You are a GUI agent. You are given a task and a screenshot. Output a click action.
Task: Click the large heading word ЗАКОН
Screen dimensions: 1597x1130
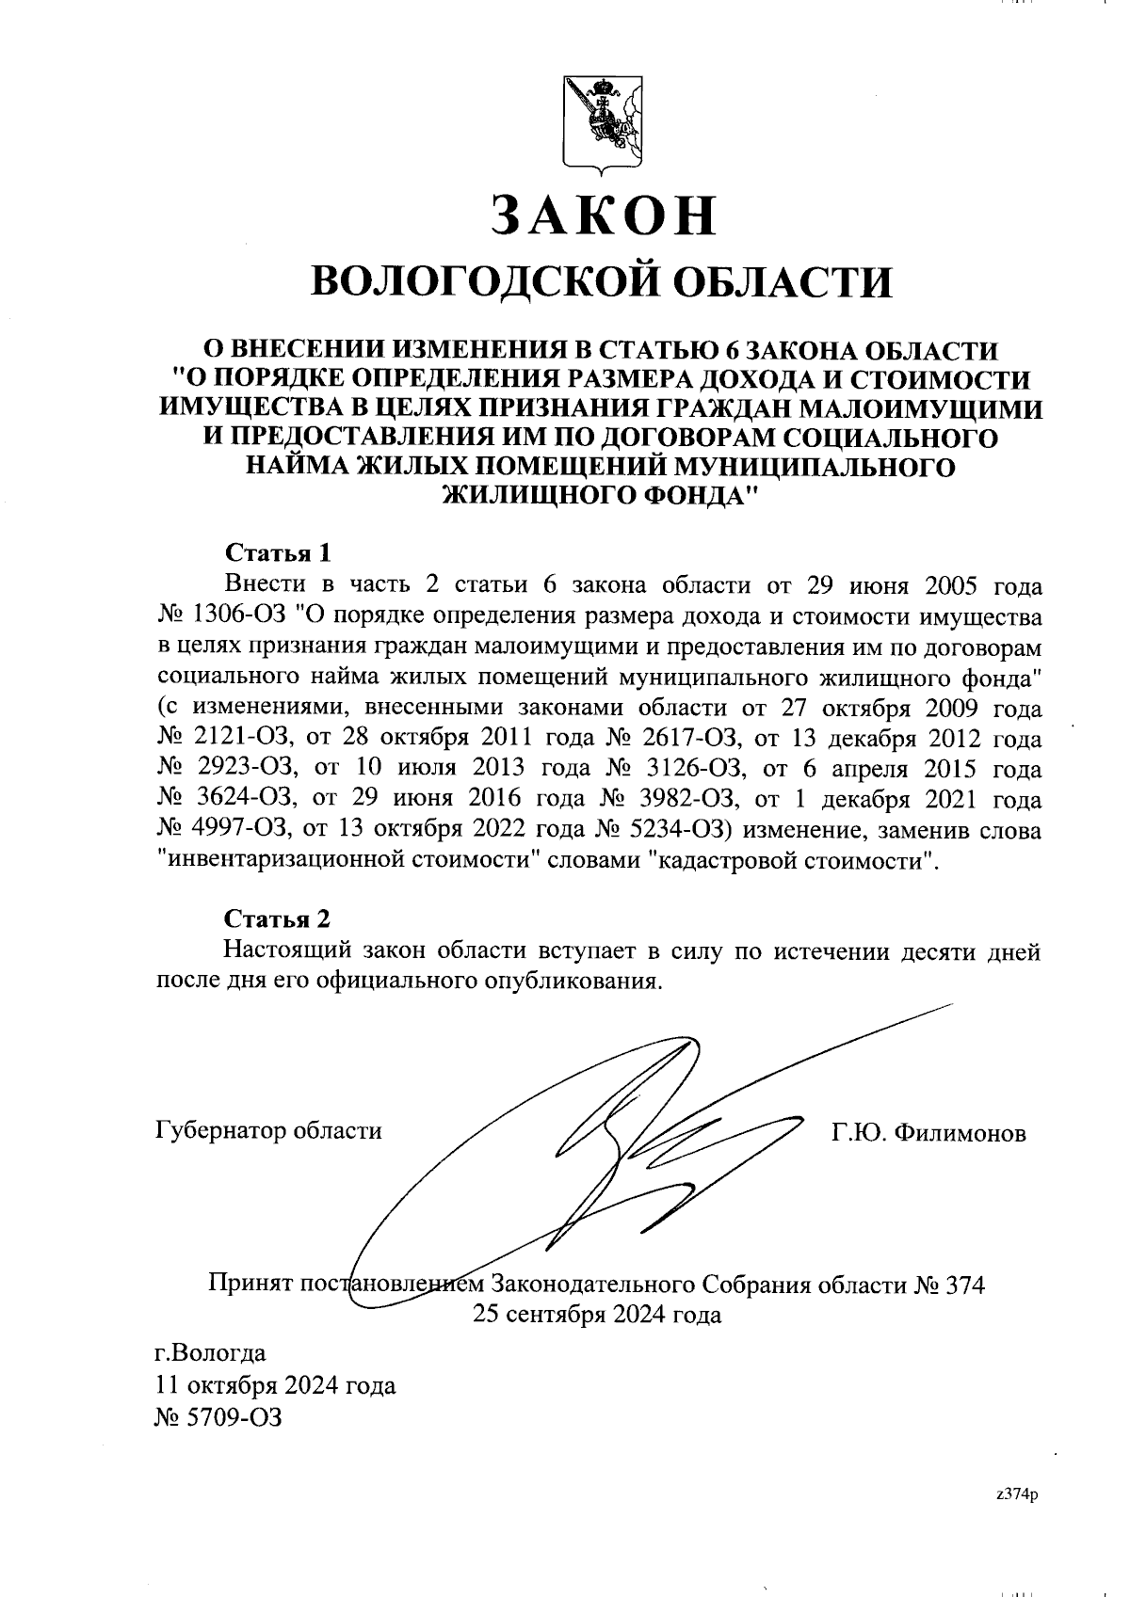coord(603,216)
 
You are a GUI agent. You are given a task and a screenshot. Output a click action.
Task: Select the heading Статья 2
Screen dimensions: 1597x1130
coord(278,918)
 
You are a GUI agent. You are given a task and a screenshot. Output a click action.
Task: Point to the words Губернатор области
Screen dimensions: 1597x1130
coord(268,1130)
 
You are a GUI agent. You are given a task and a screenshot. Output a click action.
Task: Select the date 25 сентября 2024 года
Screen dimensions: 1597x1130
coord(597,1315)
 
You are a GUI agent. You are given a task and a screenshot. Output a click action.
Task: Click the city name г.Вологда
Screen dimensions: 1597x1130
coord(210,1354)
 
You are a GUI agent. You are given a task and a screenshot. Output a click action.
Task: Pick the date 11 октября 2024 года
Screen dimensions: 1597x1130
coord(274,1385)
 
